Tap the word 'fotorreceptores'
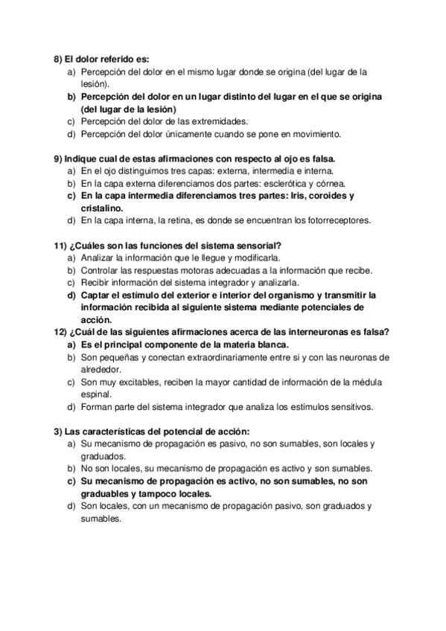329,221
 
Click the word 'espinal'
95,395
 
